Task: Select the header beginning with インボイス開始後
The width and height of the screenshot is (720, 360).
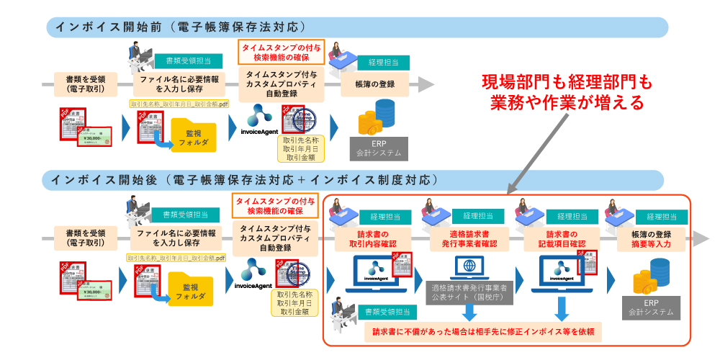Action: click(245, 179)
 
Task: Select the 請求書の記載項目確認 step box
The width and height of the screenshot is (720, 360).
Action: click(559, 239)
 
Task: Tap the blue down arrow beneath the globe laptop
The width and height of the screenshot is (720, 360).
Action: click(469, 310)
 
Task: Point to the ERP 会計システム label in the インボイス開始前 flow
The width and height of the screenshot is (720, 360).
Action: click(380, 148)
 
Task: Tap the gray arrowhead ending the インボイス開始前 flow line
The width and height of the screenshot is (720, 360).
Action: click(426, 84)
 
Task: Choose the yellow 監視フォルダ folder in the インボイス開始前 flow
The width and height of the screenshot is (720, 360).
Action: click(194, 135)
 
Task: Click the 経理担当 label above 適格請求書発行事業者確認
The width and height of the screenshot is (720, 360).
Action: click(477, 215)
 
